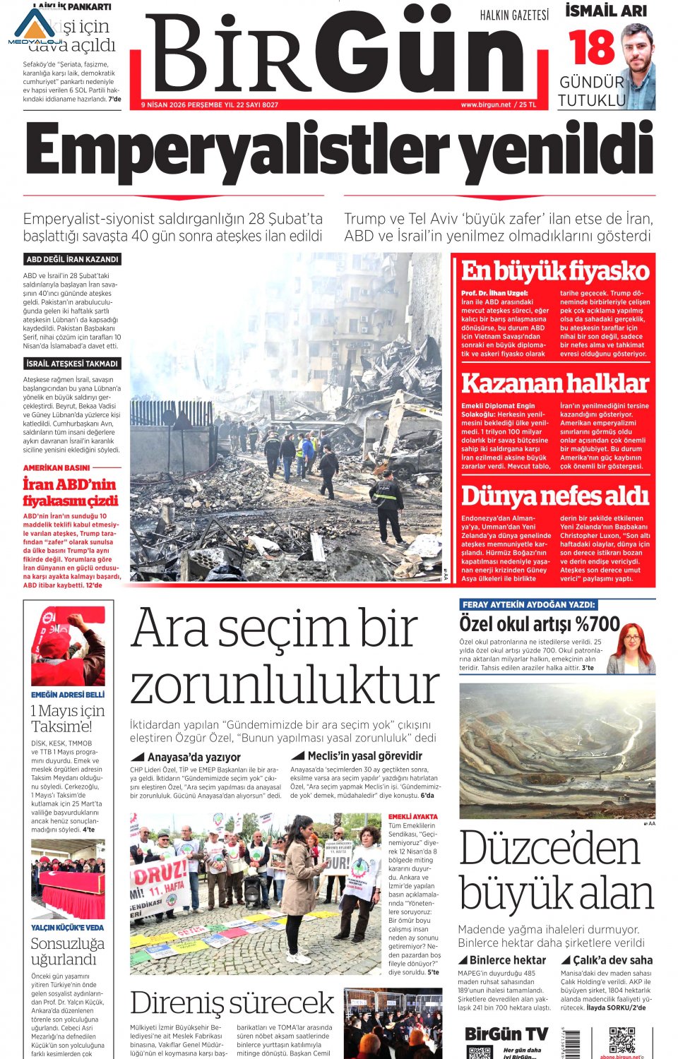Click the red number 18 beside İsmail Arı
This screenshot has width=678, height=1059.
[591, 47]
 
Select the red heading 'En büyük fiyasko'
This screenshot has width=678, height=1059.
[554, 271]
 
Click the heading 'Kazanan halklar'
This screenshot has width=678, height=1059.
[554, 383]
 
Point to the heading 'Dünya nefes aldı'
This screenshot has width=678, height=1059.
[554, 496]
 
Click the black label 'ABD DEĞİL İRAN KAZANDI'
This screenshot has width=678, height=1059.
[72, 260]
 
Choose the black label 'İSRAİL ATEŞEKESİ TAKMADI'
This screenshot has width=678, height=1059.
[72, 364]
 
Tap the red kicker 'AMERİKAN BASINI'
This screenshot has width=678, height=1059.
[56, 467]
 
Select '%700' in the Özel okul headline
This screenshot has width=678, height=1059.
[597, 624]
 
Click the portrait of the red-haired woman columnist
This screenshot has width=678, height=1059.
[633, 648]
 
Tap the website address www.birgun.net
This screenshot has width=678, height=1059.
[485, 104]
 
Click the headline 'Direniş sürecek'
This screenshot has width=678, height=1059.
[232, 1003]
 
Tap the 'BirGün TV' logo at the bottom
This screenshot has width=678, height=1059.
[506, 1034]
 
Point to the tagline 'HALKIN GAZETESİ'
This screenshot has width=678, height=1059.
[514, 16]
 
